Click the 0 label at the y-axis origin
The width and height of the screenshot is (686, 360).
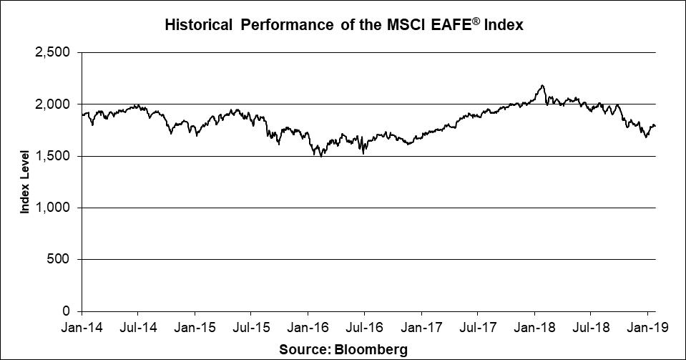coord(67,311)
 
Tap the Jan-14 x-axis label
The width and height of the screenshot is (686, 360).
coord(82,329)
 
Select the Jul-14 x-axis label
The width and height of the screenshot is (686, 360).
coord(138,329)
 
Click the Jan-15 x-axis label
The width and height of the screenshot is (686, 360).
coord(195,329)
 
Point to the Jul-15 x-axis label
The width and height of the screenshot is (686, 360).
coord(251,329)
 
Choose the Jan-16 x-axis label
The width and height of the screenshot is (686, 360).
coord(308,329)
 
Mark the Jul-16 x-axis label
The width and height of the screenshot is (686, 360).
coord(364,329)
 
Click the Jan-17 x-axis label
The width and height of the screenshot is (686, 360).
coord(421,329)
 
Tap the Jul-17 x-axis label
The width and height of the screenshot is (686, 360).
coord(477,329)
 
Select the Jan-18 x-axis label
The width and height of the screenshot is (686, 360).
coord(534,329)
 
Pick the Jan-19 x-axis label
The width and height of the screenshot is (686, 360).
coord(647,329)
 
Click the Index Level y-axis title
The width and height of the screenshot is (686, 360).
coord(25,182)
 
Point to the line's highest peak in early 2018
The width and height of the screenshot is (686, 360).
coord(543,86)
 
